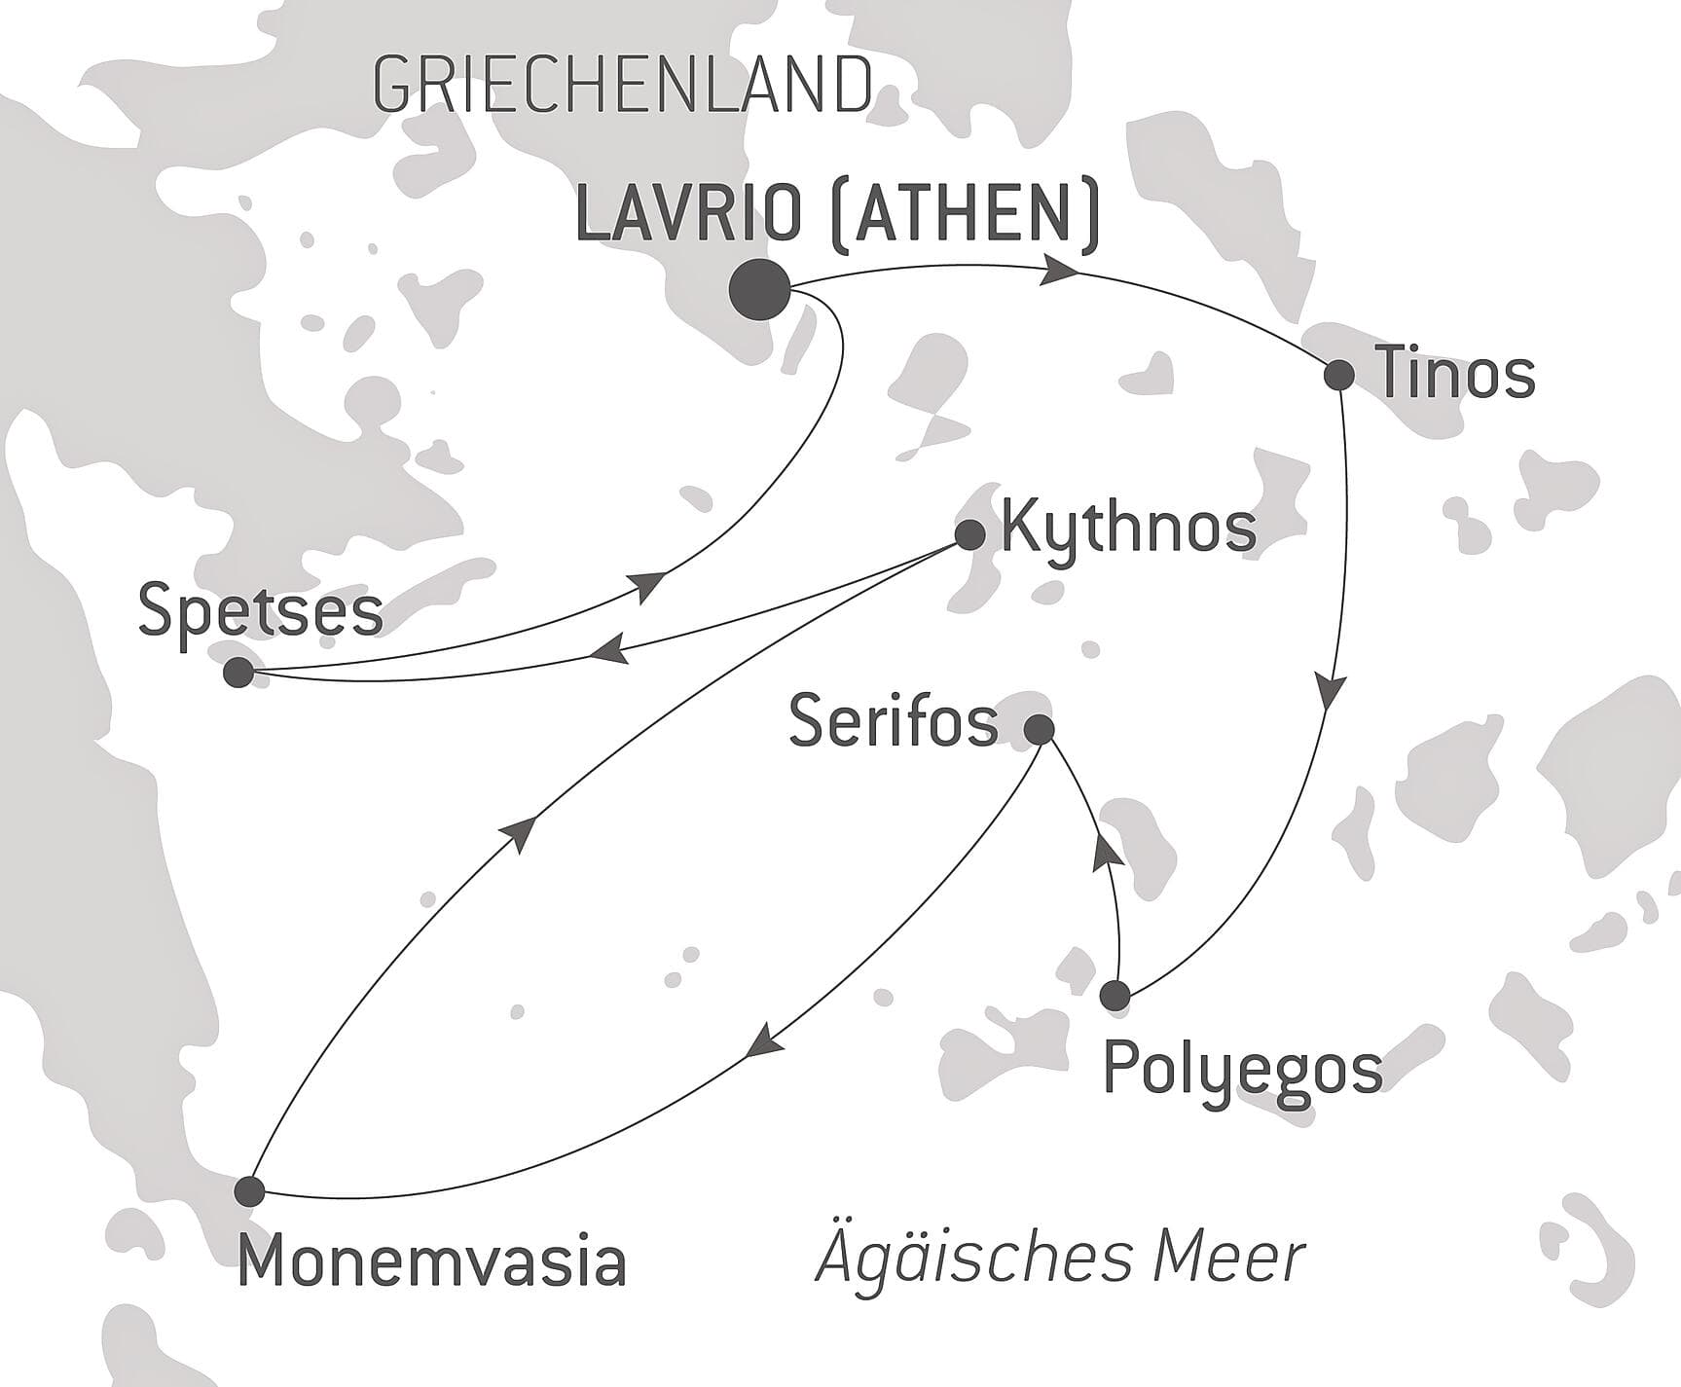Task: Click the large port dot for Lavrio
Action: point(759,290)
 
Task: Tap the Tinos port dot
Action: point(1339,375)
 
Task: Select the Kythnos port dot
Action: point(969,534)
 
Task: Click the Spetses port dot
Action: point(238,673)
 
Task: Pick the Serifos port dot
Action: point(1041,728)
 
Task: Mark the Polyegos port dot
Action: point(1115,996)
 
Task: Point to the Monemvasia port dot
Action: point(250,1190)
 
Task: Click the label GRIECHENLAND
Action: point(622,86)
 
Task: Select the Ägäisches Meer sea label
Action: point(1060,1258)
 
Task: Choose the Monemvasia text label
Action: point(431,1262)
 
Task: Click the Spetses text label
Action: point(261,612)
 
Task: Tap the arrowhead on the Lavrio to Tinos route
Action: point(1059,271)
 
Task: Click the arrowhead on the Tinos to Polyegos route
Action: point(1332,689)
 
